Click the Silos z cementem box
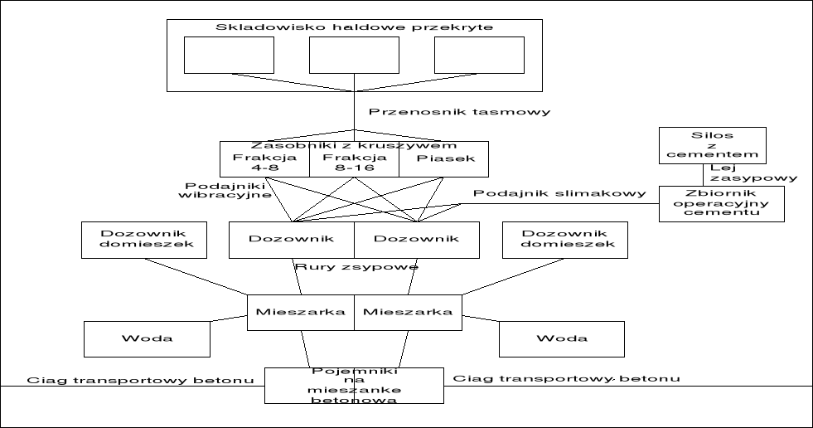[x=712, y=144]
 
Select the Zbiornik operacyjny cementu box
[x=721, y=202]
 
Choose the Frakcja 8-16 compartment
[x=354, y=162]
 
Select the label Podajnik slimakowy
[x=560, y=193]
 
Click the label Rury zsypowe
[x=356, y=266]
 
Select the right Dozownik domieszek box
[x=564, y=239]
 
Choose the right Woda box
[x=561, y=338]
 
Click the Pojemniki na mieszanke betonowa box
[x=354, y=384]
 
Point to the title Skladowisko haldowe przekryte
[x=354, y=27]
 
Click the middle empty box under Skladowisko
[x=354, y=55]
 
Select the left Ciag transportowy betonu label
[x=140, y=380]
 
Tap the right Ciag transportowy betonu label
[x=566, y=379]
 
